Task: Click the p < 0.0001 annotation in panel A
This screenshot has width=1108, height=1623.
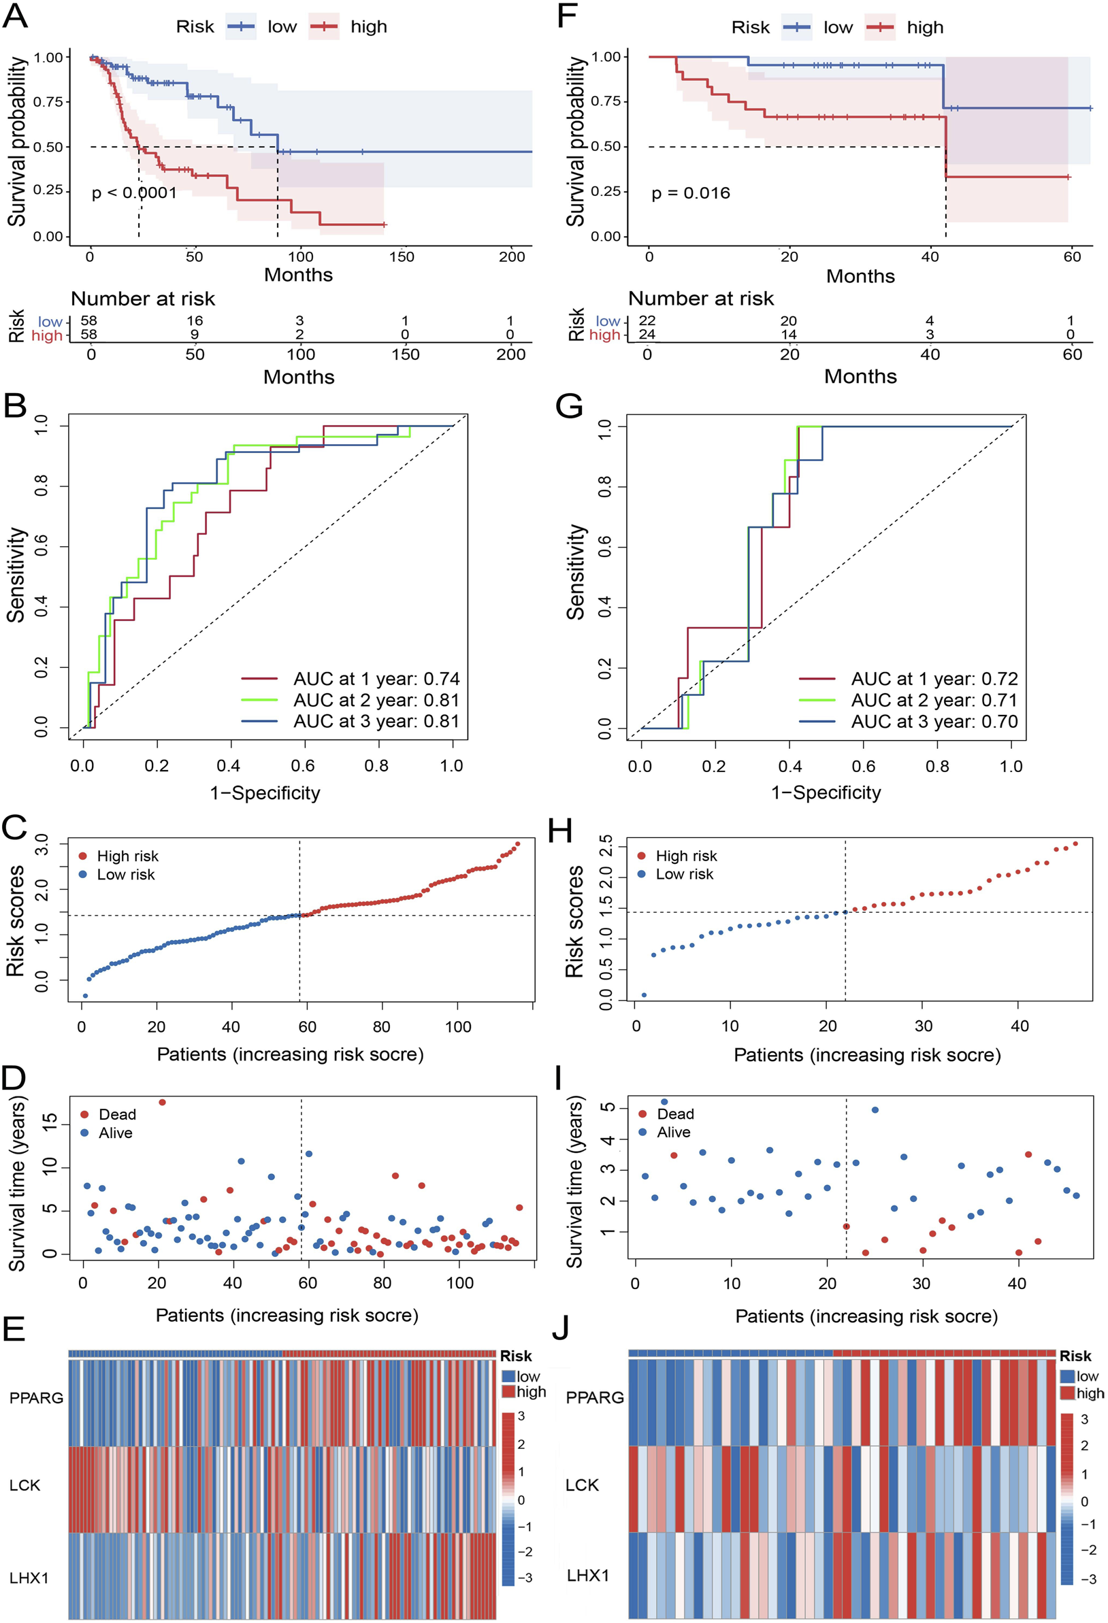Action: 134,193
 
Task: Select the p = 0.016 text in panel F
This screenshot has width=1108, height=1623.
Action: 690,193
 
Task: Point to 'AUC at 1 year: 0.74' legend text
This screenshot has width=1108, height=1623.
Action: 376,679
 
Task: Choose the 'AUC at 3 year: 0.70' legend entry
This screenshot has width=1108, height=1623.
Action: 933,722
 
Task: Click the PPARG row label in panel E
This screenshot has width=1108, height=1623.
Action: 35,1397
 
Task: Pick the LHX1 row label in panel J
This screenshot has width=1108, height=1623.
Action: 587,1575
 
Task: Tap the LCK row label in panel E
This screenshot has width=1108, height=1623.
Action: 25,1486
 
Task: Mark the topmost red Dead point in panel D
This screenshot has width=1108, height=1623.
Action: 162,1102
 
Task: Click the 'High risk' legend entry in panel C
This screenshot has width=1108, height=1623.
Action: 127,856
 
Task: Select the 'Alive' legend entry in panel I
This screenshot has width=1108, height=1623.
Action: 673,1132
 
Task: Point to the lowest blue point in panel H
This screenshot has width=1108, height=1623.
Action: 643,995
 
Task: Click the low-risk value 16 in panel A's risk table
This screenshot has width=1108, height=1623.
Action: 194,320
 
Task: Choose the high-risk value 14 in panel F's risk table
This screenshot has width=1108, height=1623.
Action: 788,335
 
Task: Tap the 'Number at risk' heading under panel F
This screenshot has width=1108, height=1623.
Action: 701,299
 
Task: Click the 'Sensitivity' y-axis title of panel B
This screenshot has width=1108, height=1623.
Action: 16,574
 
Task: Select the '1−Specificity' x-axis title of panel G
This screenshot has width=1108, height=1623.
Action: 826,792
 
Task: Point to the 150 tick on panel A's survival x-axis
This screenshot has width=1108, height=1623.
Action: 402,257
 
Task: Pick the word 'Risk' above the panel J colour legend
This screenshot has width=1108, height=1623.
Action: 1075,1356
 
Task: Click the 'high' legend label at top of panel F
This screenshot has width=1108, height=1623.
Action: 925,27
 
